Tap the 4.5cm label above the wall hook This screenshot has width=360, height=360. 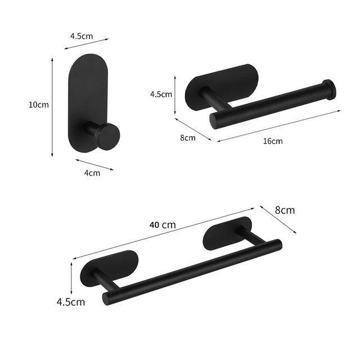(x=82, y=36)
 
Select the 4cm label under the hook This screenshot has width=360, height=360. (x=92, y=173)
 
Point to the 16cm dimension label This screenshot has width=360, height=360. (x=273, y=141)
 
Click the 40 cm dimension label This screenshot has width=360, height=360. (x=163, y=224)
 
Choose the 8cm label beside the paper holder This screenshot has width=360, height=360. (x=188, y=137)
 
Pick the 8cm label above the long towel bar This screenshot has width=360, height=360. (x=285, y=210)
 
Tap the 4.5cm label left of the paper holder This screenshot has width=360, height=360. (x=161, y=94)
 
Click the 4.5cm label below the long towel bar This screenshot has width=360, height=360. (x=71, y=301)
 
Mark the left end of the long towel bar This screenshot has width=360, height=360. (x=107, y=298)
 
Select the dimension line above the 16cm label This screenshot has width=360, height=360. (x=279, y=125)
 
